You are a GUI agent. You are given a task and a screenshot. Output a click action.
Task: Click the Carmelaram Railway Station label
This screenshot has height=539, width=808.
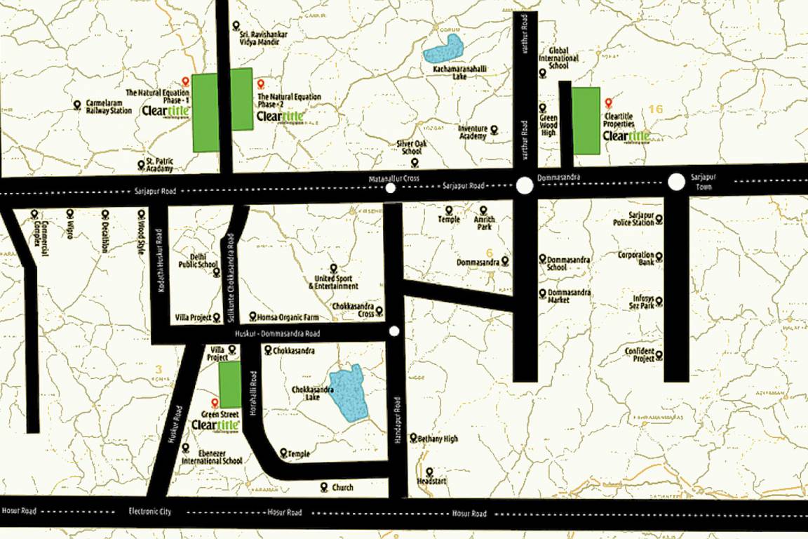click(109, 106)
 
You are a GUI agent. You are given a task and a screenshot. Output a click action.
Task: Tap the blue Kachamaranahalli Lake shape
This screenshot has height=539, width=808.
click(445, 51)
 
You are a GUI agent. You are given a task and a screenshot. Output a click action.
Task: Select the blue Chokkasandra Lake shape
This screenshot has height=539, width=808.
click(349, 394)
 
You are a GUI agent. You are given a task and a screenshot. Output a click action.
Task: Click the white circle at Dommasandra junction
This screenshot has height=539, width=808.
click(524, 186)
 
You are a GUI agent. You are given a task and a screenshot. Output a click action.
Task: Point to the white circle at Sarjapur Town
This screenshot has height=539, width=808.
click(676, 182)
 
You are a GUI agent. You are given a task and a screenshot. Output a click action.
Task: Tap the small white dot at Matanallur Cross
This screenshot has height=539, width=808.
click(391, 188)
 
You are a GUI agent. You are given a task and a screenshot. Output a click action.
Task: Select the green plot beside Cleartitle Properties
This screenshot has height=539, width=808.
click(586, 121)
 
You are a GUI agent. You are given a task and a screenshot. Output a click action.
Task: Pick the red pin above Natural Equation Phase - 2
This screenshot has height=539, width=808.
click(260, 84)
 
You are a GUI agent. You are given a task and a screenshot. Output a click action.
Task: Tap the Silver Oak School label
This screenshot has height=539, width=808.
click(411, 147)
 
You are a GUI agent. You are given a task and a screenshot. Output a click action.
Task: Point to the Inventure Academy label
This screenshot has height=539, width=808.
click(472, 132)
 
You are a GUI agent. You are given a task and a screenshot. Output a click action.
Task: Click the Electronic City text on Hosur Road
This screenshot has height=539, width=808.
click(149, 512)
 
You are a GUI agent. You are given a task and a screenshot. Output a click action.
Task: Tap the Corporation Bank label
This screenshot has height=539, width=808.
click(636, 259)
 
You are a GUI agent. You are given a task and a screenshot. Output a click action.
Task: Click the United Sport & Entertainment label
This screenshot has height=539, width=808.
click(333, 281)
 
